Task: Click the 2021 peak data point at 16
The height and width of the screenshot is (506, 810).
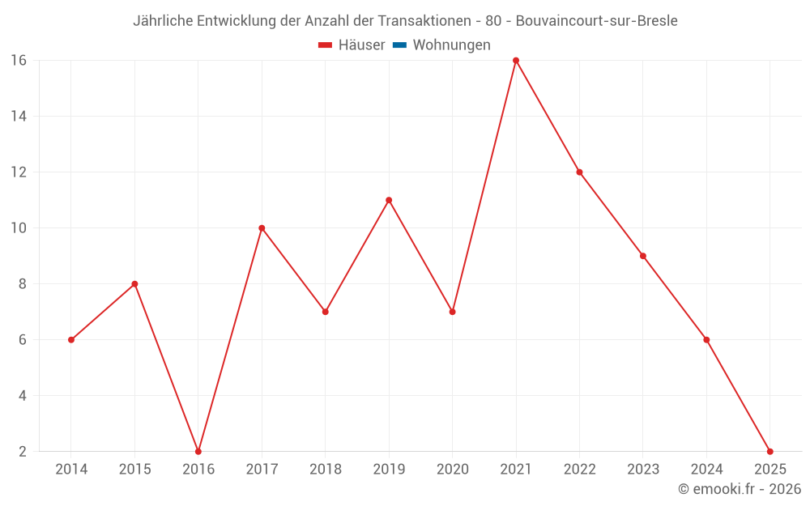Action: click(x=516, y=61)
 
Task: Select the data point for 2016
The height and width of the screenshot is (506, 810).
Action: click(x=198, y=451)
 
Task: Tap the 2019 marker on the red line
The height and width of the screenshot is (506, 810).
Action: click(x=389, y=200)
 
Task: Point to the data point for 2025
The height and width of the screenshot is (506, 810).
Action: click(x=769, y=451)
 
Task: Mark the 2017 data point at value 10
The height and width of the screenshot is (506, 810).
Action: click(x=262, y=228)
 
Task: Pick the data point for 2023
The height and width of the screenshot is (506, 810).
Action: click(x=643, y=256)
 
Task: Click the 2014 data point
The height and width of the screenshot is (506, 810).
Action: click(x=71, y=340)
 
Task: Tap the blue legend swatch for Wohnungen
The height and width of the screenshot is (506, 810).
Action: click(x=399, y=45)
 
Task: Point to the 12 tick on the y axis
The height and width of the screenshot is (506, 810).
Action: click(x=19, y=172)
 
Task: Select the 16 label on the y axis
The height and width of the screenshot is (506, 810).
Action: click(x=19, y=61)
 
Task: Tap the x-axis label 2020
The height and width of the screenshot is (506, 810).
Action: click(x=452, y=470)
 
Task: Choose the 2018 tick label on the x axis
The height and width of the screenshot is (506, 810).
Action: click(x=326, y=470)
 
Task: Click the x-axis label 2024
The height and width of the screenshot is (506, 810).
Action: click(x=706, y=470)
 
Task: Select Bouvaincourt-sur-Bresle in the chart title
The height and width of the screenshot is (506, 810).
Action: click(x=597, y=21)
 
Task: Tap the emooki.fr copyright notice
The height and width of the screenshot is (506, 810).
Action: click(x=740, y=489)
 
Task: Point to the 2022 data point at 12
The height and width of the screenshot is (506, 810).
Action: click(x=579, y=172)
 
